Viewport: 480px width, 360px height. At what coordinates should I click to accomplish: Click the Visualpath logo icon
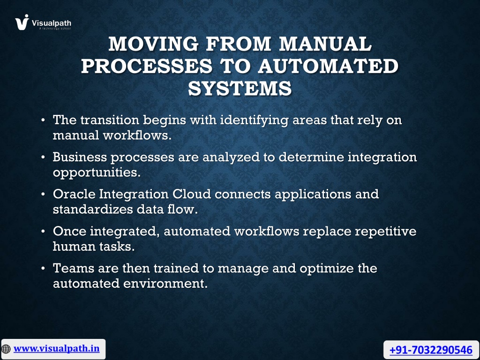click(22, 22)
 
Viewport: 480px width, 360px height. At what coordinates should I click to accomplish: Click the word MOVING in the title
click(153, 44)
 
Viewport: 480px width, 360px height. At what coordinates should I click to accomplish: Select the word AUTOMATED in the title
click(328, 66)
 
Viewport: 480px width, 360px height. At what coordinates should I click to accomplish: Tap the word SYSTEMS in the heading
click(240, 88)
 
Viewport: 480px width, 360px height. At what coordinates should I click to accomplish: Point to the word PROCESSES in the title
click(147, 66)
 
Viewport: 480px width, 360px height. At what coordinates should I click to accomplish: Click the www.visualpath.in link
click(56, 349)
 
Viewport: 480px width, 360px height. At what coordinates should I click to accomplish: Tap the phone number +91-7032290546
click(431, 350)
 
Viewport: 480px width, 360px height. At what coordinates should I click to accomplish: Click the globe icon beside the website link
click(6, 349)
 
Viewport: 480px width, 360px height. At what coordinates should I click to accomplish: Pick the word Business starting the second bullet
click(80, 157)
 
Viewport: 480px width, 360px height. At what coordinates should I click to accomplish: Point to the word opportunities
click(97, 172)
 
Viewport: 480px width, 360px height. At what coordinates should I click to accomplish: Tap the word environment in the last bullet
click(165, 284)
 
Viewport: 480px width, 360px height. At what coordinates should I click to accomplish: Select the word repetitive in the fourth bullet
click(386, 232)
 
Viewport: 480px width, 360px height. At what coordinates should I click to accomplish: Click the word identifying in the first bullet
click(254, 120)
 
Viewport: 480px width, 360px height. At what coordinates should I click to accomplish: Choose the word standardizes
click(93, 210)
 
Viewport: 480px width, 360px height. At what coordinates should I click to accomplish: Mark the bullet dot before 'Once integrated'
click(43, 232)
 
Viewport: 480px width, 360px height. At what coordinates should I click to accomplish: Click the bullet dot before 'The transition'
click(43, 120)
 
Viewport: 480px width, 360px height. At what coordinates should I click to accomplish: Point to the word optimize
click(327, 269)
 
